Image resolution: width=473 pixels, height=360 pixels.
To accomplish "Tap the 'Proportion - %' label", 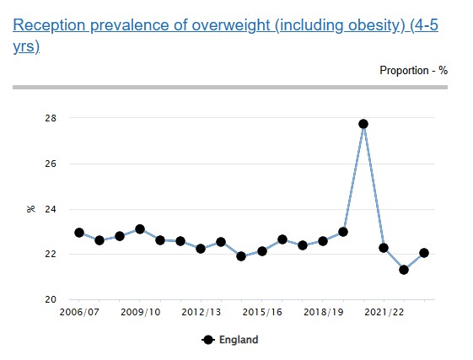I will [413, 70].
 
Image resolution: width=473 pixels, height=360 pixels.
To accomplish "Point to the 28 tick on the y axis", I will [51, 118].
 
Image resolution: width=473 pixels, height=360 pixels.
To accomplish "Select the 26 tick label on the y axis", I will [51, 164].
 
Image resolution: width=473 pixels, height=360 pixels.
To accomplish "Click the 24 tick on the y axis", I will [51, 209].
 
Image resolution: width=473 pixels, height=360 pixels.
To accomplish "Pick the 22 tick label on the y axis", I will [51, 254].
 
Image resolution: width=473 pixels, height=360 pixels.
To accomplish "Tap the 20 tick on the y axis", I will [51, 299].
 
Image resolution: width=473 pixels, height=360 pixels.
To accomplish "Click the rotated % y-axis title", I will [30, 209].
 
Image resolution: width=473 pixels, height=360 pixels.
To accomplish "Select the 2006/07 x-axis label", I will [78, 312].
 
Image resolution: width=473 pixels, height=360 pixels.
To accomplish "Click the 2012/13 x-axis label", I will [201, 312].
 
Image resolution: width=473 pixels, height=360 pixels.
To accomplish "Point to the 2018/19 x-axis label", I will [323, 312].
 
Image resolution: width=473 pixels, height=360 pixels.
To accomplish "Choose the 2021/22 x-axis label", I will [384, 312].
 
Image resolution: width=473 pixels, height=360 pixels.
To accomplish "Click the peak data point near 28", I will [363, 124].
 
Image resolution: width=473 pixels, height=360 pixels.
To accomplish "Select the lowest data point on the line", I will [404, 270].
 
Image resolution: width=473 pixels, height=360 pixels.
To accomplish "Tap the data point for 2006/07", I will [78, 233].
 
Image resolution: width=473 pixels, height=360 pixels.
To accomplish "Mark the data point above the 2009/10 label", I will [140, 229].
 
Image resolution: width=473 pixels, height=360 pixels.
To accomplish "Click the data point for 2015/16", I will [262, 250].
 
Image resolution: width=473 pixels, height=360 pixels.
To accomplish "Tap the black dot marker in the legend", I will [209, 340].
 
